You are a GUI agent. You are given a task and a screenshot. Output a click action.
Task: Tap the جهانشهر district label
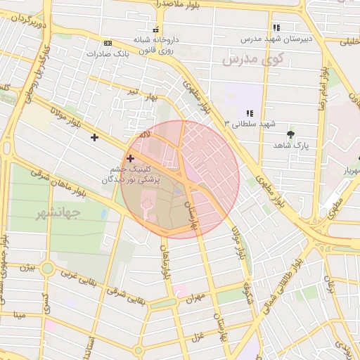click(56, 211)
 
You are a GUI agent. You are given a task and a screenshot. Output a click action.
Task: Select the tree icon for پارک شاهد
click(290, 133)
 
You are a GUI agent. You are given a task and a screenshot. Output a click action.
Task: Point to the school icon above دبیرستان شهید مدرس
click(276, 27)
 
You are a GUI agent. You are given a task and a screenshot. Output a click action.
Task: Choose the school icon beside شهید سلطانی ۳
click(249, 113)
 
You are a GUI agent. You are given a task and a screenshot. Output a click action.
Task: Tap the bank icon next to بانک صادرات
click(107, 42)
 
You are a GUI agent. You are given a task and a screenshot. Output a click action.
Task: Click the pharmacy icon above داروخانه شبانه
click(155, 30)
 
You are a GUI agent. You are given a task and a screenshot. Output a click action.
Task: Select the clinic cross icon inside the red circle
click(130, 159)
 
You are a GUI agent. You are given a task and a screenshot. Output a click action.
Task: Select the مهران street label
click(194, 299)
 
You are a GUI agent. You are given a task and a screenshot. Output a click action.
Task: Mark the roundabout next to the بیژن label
click(47, 268)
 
